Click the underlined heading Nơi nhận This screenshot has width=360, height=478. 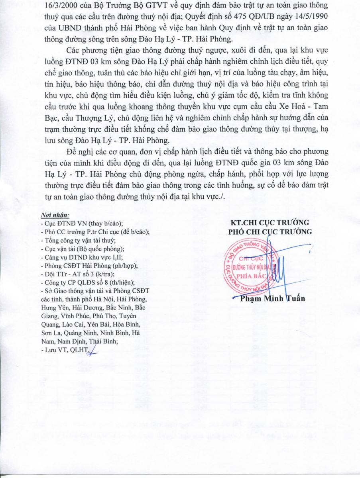(x=55, y=215)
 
